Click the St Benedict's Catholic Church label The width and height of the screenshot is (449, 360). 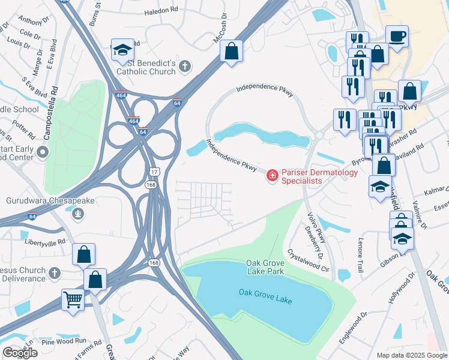coord(145,67)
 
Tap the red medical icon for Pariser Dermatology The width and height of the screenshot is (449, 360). coord(273,175)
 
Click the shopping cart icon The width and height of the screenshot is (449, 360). coord(73,299)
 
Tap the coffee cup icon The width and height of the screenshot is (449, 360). coord(397,36)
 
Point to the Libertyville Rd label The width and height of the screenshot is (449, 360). coord(44,242)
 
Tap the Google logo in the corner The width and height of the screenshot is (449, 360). coord(20,352)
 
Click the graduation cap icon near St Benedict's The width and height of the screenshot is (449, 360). coord(122,50)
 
